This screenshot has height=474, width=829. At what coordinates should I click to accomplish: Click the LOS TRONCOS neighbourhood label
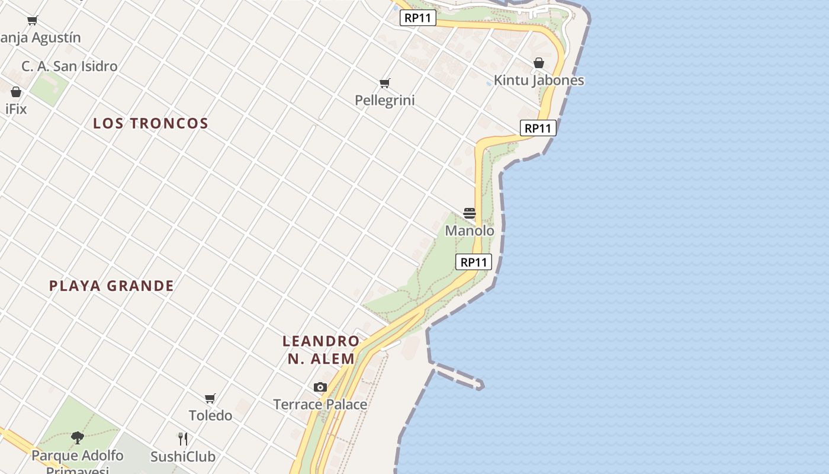pos(150,123)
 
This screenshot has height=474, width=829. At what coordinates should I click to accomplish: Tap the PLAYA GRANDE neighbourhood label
pos(111,286)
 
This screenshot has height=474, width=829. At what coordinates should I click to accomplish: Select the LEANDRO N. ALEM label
pos(321,350)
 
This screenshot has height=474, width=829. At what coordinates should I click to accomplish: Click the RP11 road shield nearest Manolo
pos(474,262)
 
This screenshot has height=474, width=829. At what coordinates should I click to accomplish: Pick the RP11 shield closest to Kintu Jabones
pos(538,128)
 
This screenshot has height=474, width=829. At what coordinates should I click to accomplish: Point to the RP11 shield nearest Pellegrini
pos(417,18)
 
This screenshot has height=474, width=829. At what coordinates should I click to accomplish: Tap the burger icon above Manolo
pos(470,213)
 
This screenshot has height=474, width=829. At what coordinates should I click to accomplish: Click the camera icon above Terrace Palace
pos(320,387)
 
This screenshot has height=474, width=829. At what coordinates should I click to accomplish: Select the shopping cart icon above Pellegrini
pos(385,84)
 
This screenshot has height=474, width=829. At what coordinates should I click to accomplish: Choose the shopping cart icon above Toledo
pos(210,398)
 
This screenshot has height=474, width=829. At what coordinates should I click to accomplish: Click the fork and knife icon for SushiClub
pos(183,439)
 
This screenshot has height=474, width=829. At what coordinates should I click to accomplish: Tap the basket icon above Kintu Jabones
pos(539,63)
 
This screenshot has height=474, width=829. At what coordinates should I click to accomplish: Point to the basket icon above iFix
pos(16,92)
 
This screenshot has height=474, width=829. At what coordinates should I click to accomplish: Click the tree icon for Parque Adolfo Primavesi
pos(77,438)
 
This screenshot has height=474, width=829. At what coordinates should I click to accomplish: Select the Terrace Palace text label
pos(320,405)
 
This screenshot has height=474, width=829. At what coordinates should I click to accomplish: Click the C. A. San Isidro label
pos(70,66)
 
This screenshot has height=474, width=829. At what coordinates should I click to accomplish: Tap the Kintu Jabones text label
pos(539,81)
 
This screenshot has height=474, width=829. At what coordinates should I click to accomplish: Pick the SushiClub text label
pos(183,457)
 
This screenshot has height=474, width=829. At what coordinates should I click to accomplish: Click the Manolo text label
pos(470,230)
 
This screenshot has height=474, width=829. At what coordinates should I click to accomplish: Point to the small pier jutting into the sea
pos(458,377)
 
